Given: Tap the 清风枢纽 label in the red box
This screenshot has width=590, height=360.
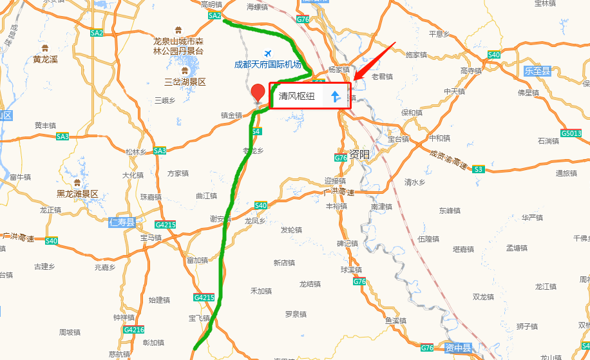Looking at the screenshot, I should click(297, 97).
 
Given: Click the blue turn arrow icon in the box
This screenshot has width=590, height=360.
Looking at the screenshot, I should click(335, 97).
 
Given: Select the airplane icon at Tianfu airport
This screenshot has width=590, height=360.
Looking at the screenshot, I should click(268, 53).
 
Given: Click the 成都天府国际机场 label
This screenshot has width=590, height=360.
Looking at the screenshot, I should click(268, 64).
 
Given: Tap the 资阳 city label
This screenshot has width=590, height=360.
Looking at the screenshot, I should click(359, 154).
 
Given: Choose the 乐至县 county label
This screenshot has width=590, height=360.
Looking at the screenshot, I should click(538, 71).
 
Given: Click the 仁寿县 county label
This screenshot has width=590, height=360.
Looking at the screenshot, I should click(122, 223).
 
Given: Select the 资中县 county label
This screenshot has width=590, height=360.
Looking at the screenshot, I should click(458, 348).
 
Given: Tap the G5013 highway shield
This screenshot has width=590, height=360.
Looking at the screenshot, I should click(571, 133).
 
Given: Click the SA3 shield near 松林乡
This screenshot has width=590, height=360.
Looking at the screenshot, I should click(159, 151).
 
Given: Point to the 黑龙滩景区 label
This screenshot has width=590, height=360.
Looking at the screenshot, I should click(77, 193).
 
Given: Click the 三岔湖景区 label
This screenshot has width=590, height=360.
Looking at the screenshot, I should click(185, 82).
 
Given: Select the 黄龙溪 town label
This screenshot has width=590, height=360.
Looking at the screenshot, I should click(46, 59).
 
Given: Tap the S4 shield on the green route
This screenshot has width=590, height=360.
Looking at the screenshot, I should click(256, 131).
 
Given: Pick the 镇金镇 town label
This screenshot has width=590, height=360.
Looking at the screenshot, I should click(231, 115).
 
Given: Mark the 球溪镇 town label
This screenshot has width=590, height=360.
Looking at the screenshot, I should click(352, 269).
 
